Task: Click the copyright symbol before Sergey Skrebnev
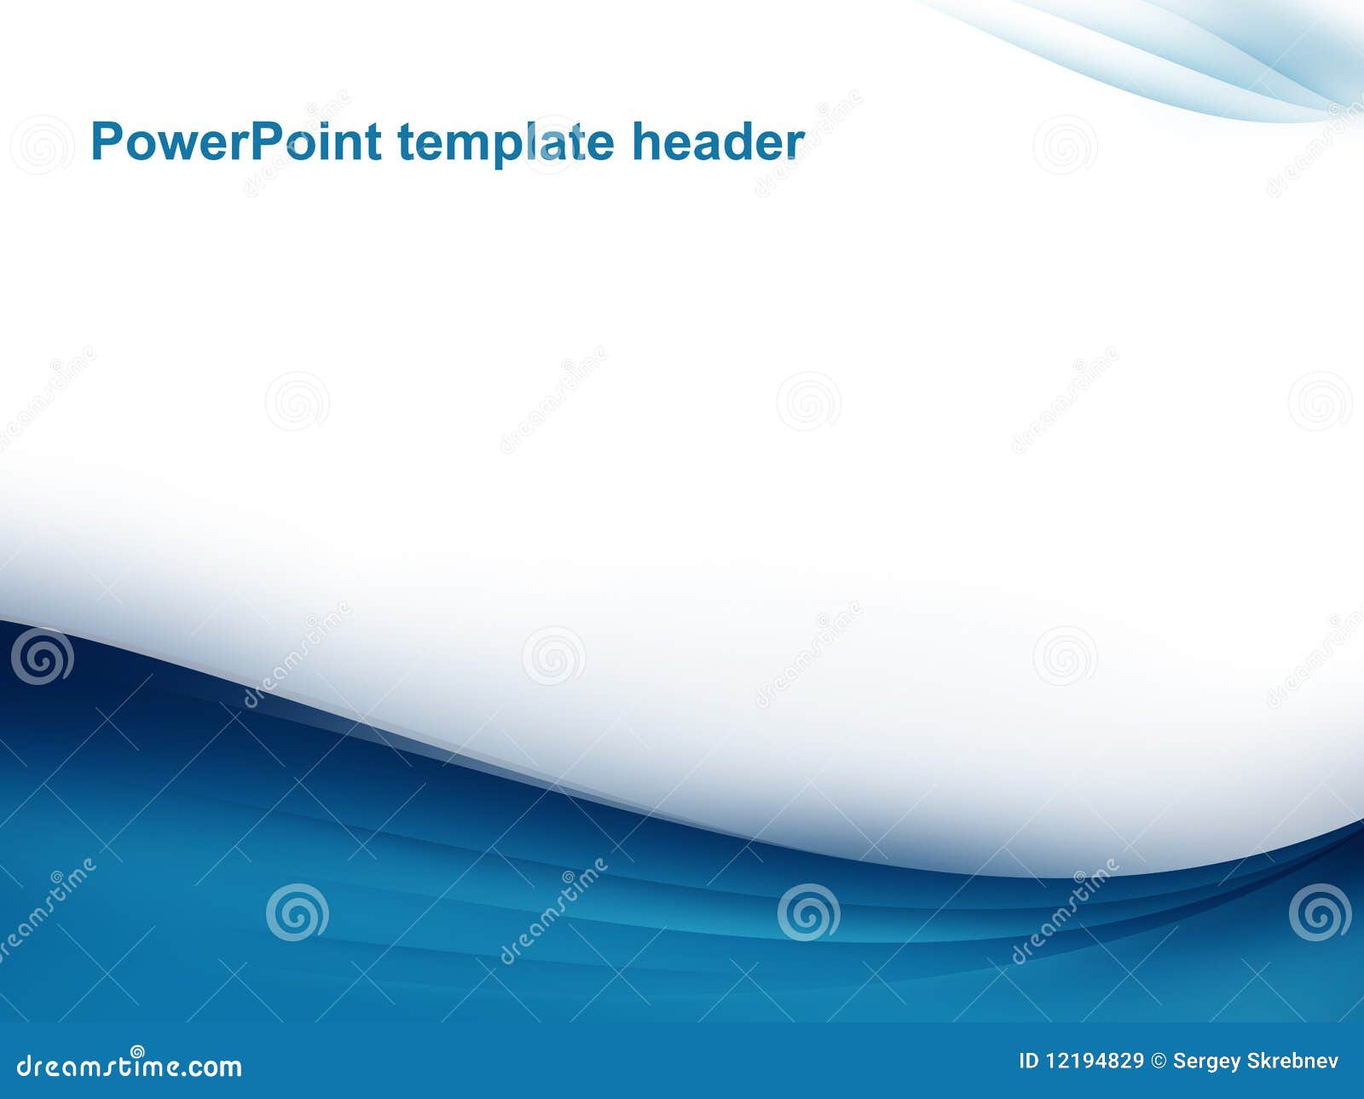(1158, 1062)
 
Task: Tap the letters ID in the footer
(1028, 1062)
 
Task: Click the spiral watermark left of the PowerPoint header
(42, 145)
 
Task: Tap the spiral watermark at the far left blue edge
(42, 656)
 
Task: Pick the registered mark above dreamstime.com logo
(137, 1051)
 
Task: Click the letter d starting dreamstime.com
(25, 1066)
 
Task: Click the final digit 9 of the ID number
(1138, 1062)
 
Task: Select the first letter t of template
(406, 142)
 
